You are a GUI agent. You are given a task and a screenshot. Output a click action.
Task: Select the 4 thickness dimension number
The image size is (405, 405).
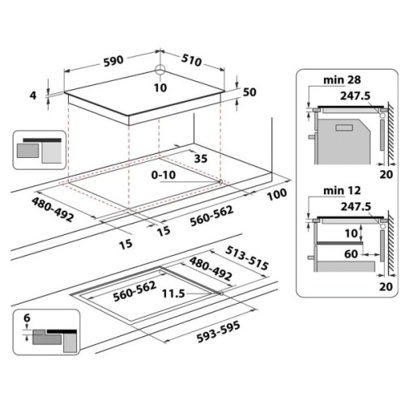35,95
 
